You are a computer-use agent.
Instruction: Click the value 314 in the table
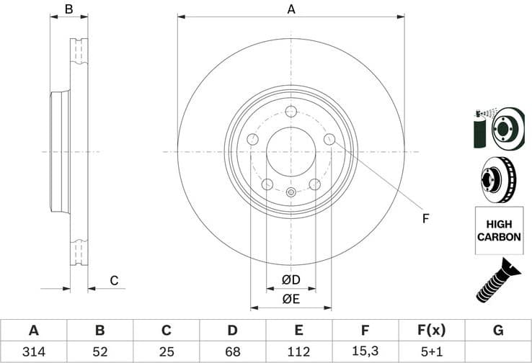(x=33, y=351)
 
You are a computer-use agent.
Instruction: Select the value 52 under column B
(x=99, y=351)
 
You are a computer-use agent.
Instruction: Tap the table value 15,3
(x=365, y=351)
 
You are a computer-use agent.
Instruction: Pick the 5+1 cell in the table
(x=432, y=351)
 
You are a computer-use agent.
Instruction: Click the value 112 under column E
(x=299, y=351)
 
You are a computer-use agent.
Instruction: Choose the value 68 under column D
(x=233, y=351)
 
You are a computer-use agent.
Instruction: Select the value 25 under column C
(x=166, y=351)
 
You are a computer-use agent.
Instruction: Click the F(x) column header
(x=432, y=331)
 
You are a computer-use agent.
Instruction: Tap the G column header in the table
(x=498, y=331)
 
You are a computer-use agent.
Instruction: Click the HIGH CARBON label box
(x=497, y=230)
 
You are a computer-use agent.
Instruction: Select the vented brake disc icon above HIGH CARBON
(x=497, y=180)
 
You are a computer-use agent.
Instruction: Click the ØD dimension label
(x=291, y=279)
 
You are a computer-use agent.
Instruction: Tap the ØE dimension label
(x=291, y=298)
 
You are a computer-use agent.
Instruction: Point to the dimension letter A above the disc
(x=291, y=9)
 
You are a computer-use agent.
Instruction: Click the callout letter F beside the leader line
(x=425, y=218)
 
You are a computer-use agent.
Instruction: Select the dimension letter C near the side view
(x=113, y=280)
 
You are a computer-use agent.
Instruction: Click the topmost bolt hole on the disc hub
(x=291, y=112)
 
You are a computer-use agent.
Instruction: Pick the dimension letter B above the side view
(x=69, y=9)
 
